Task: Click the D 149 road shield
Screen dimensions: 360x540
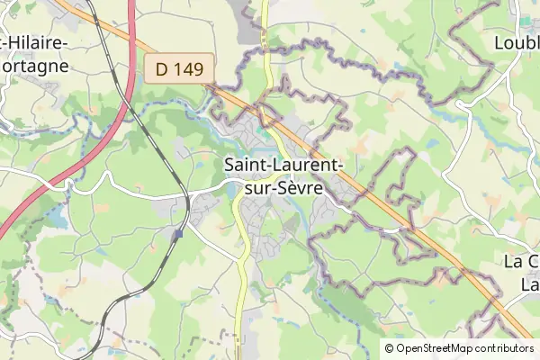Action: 180,67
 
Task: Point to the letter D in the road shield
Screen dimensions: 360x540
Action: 161,67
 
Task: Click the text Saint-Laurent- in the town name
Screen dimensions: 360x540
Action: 282,166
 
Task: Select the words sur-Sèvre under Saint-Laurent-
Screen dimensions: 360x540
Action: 282,190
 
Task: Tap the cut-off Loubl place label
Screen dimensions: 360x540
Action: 517,41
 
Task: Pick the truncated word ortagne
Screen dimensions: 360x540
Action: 34,66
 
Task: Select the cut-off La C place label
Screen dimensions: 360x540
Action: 520,262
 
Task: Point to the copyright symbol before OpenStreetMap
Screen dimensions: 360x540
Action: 389,348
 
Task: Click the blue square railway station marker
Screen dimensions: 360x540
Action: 179,233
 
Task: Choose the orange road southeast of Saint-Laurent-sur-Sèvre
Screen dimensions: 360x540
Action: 423,234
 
